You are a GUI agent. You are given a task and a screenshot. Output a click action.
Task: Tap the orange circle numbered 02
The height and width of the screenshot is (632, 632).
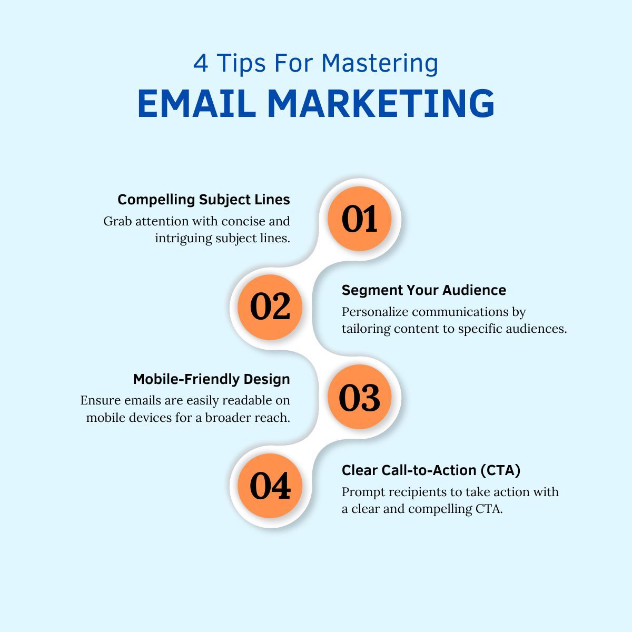coord(270,307)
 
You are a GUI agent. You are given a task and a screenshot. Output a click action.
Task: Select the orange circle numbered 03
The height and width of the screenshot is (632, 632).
coord(360,397)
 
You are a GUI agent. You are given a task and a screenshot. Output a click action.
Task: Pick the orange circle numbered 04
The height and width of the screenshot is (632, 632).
coord(270,486)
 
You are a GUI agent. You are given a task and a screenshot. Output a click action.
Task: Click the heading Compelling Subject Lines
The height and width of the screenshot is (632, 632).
coord(203,200)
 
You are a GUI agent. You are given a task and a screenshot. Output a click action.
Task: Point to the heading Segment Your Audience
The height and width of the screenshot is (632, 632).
coord(423,290)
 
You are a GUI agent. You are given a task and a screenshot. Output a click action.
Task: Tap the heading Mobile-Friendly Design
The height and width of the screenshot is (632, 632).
coord(211,379)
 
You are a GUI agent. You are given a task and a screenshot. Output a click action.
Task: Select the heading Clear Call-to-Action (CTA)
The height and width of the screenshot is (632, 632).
coord(431,470)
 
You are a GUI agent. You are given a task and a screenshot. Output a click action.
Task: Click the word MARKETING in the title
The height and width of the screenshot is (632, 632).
coord(381,103)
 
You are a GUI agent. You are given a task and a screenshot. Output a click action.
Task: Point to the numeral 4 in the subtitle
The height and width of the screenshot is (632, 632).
coord(200,64)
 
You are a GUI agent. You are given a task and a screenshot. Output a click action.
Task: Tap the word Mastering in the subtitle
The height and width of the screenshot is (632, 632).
coord(380,64)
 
